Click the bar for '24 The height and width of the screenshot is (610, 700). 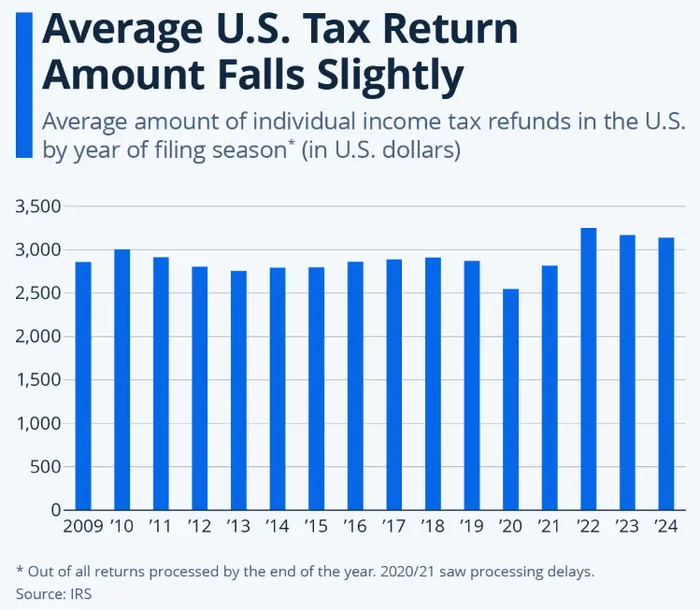tap(665, 374)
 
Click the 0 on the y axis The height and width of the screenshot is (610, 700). tap(55, 510)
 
